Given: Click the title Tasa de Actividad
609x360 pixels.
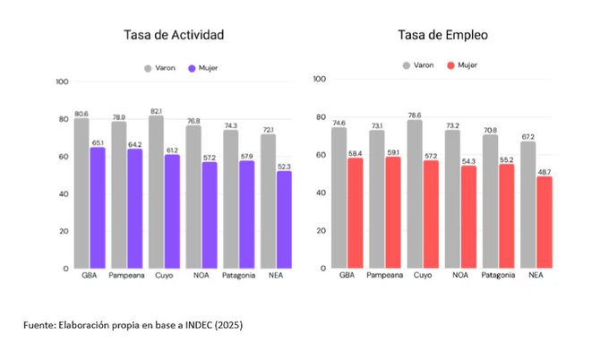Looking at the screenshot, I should [x=174, y=35].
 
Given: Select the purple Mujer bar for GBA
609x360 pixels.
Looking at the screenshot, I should [x=97, y=208].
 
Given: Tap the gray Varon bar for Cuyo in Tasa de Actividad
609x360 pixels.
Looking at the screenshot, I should [x=157, y=192].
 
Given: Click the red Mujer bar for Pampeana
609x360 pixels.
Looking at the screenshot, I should [x=393, y=212].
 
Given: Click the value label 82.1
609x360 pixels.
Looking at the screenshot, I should [x=157, y=111].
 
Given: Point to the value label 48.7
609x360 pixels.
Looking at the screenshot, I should [x=544, y=171].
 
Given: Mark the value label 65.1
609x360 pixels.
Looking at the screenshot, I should [x=97, y=142].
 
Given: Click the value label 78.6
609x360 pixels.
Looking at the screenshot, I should [x=415, y=115].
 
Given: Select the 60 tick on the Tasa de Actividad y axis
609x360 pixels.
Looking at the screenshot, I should [x=62, y=157].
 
